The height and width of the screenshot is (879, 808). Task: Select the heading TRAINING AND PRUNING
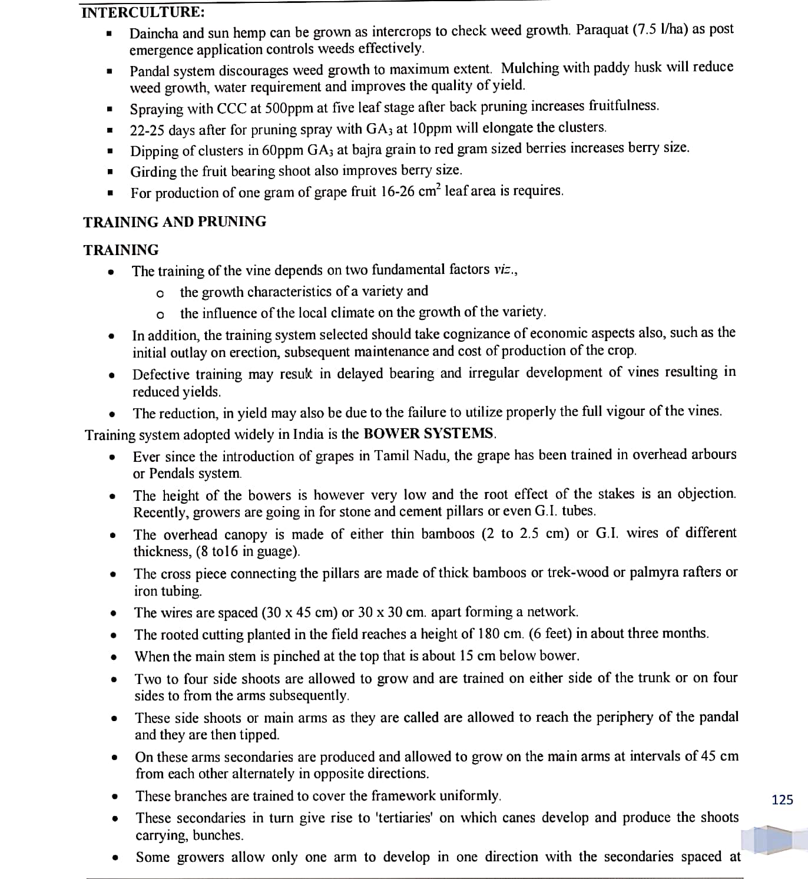tap(174, 222)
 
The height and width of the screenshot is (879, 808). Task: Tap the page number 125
tap(782, 800)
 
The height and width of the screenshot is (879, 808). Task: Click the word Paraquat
tap(602, 30)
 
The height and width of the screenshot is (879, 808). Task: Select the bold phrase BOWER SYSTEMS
tap(429, 434)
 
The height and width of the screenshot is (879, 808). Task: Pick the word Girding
tap(153, 171)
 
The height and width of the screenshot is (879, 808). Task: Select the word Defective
tap(161, 375)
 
